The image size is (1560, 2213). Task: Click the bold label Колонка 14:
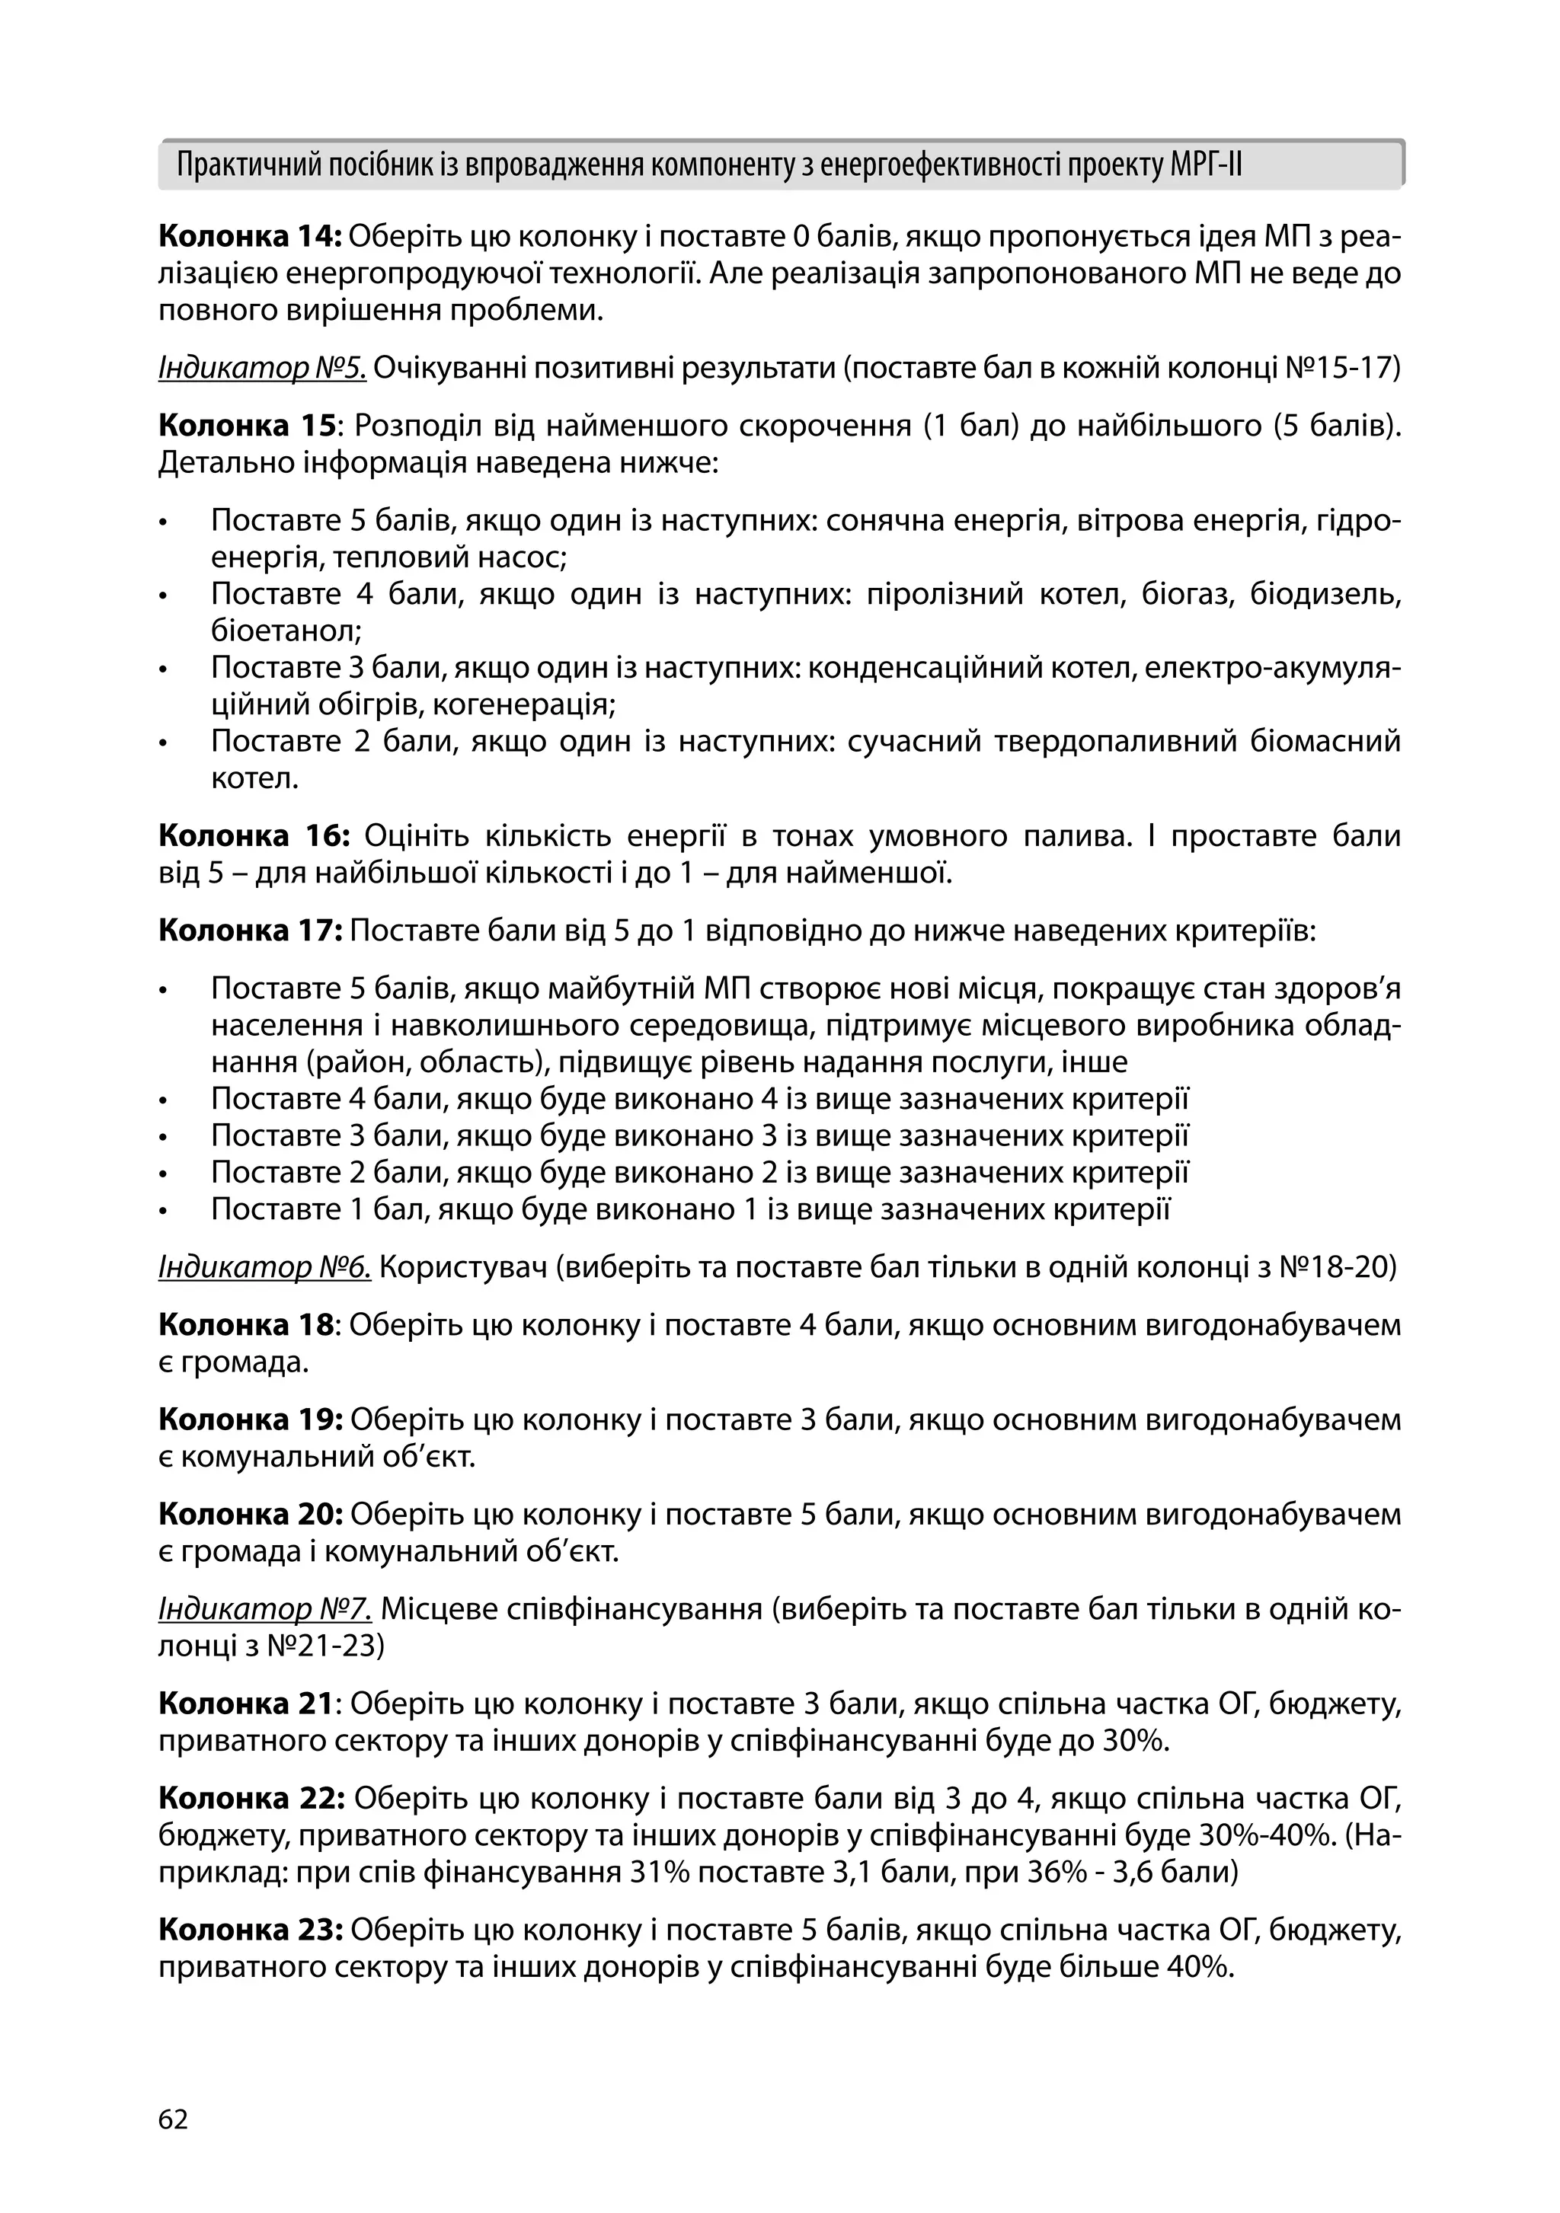coord(251,237)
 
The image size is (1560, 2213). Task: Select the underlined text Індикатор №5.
coord(262,368)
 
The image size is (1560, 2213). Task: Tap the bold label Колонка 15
coord(245,426)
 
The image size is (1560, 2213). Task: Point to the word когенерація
coord(523,704)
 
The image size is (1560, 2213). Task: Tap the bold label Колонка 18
coord(245,1325)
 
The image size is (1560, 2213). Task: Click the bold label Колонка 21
coord(245,1704)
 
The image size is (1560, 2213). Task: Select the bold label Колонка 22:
coord(253,1799)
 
